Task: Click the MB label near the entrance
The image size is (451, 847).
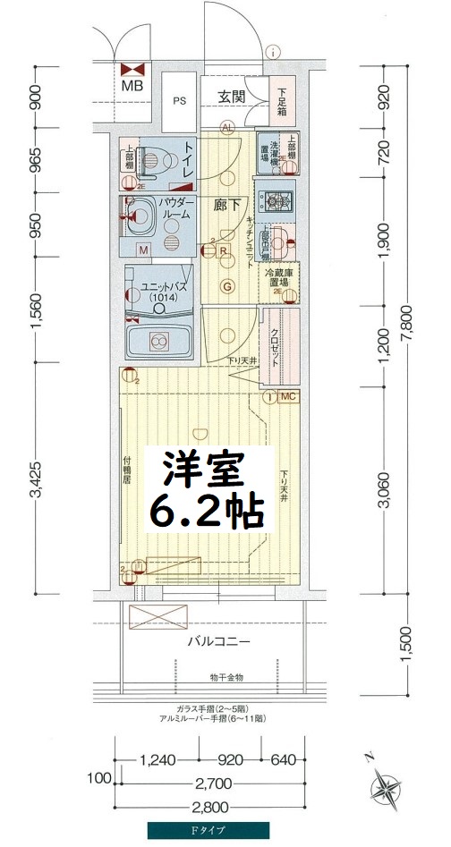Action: click(x=132, y=87)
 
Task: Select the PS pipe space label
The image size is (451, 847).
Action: click(x=180, y=101)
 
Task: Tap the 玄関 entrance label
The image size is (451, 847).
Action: click(x=231, y=96)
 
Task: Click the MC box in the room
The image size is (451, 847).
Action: click(x=287, y=395)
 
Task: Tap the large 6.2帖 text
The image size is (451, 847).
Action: click(x=206, y=510)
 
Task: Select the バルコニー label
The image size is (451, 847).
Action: click(x=217, y=641)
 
